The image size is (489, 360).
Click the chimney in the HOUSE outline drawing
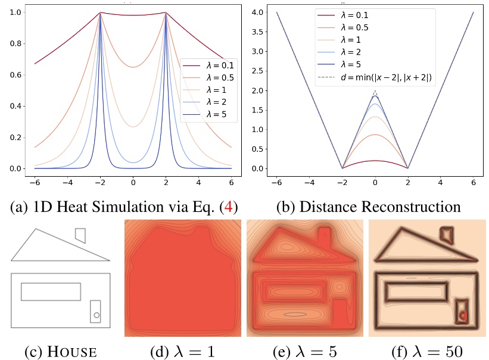point(80,235)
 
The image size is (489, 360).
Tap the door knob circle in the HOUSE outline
point(96,315)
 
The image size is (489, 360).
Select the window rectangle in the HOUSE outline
point(51,292)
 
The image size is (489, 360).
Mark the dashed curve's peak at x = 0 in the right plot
point(375,91)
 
